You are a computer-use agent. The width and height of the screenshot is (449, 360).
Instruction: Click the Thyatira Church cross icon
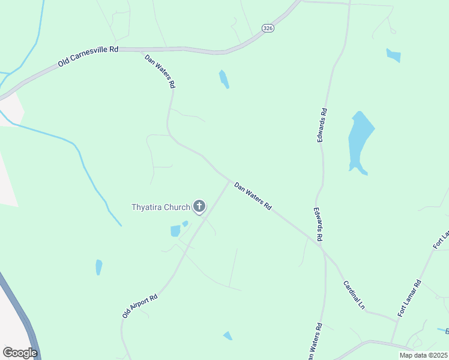[x=199, y=207]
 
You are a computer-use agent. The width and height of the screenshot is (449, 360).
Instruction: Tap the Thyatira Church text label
[x=161, y=208]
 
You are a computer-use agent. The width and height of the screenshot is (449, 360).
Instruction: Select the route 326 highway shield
[x=268, y=28]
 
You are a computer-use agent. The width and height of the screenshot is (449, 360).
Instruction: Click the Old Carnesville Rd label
[x=88, y=56]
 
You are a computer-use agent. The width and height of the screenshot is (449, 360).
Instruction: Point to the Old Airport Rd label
[x=139, y=305]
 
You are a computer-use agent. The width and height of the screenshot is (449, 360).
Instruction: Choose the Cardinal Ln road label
[x=354, y=295]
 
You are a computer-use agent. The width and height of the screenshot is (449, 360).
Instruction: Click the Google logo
[x=20, y=353]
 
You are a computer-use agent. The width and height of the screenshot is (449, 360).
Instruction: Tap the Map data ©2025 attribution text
[x=423, y=355]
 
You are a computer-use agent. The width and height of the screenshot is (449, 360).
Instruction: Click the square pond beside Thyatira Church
[x=175, y=231]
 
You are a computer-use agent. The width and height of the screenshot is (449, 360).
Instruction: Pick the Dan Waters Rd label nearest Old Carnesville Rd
[x=160, y=71]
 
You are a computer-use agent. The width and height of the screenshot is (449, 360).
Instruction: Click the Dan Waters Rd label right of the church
[x=253, y=196]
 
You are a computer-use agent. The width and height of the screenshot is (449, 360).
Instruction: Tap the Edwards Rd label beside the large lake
[x=323, y=124]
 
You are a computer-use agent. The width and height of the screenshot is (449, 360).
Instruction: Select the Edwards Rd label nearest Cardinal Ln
[x=318, y=225]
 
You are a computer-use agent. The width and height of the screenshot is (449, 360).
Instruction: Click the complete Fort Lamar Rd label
[x=410, y=298]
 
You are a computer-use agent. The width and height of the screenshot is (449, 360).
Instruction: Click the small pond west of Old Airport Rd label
[x=98, y=267]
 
